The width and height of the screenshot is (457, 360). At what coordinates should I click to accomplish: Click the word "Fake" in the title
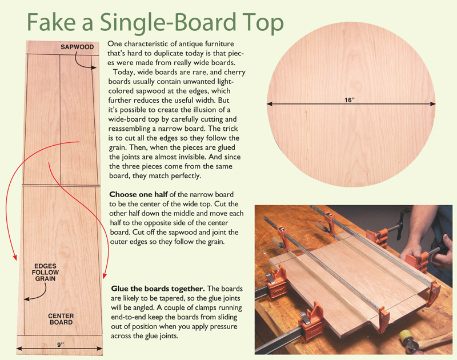click(x=51, y=22)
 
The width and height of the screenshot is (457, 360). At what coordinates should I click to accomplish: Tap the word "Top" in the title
click(x=260, y=24)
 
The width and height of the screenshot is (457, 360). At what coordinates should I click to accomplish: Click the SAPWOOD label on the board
click(x=77, y=47)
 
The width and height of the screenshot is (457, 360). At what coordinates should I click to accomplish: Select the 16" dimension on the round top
click(x=350, y=100)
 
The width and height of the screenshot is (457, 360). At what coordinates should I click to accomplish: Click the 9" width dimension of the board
click(x=61, y=345)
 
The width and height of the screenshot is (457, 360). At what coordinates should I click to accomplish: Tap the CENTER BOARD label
click(x=61, y=319)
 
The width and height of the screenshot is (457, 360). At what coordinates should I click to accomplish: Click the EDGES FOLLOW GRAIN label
click(x=46, y=272)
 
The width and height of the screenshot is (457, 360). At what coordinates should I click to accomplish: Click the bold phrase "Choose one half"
click(x=138, y=194)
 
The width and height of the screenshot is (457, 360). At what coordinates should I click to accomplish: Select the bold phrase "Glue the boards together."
click(x=158, y=289)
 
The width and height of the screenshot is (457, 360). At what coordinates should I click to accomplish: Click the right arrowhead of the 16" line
click(x=433, y=104)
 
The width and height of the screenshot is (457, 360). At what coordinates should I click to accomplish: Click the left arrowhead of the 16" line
click(x=270, y=104)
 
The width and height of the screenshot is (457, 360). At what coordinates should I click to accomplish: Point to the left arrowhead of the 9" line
click(x=19, y=348)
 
